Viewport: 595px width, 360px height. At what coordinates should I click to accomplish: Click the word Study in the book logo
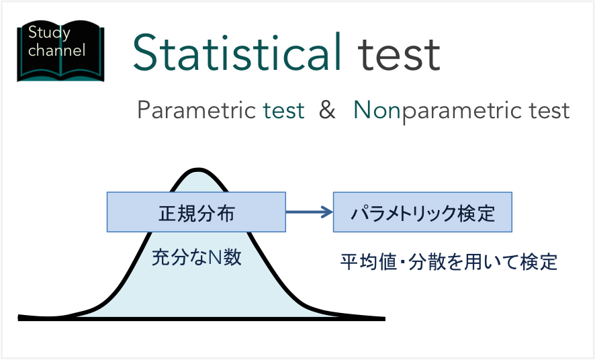point(48,32)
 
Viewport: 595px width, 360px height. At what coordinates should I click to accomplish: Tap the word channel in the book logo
point(57,50)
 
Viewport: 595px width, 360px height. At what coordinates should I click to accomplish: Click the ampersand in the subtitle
point(327,110)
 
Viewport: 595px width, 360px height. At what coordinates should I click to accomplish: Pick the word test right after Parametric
point(283,110)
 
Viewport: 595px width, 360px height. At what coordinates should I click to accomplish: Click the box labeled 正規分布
point(196,213)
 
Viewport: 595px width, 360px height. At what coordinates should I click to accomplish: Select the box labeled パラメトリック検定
point(423,213)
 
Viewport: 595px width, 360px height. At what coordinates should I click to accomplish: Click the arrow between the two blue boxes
point(310,213)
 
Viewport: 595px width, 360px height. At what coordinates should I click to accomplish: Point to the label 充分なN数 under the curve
point(197,257)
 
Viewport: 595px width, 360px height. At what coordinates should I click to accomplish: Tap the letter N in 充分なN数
point(214,257)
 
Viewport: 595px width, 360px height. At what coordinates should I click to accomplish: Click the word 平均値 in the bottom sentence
point(363,261)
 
